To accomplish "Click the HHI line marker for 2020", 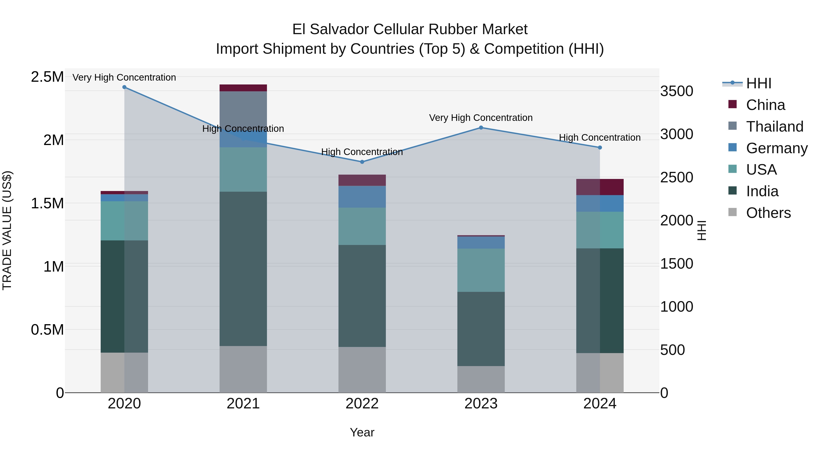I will (x=124, y=87).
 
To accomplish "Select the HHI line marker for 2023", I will (x=481, y=127).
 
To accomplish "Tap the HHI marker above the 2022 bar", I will (x=362, y=162).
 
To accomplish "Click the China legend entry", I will (x=765, y=105).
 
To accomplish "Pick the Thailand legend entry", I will (x=774, y=127).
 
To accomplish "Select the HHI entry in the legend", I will (x=758, y=83).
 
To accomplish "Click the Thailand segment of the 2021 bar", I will (x=243, y=108).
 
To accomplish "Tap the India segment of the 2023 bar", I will (x=481, y=329).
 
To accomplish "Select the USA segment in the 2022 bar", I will (x=362, y=226).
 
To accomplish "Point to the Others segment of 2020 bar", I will (x=124, y=372).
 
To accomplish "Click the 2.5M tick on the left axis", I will (x=47, y=77).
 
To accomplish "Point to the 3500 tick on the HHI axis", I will (x=676, y=91).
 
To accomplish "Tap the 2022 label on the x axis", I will (x=362, y=404).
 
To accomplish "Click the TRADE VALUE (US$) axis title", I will (x=7, y=230).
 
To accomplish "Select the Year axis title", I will (x=362, y=432).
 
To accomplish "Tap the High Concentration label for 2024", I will (x=600, y=138).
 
